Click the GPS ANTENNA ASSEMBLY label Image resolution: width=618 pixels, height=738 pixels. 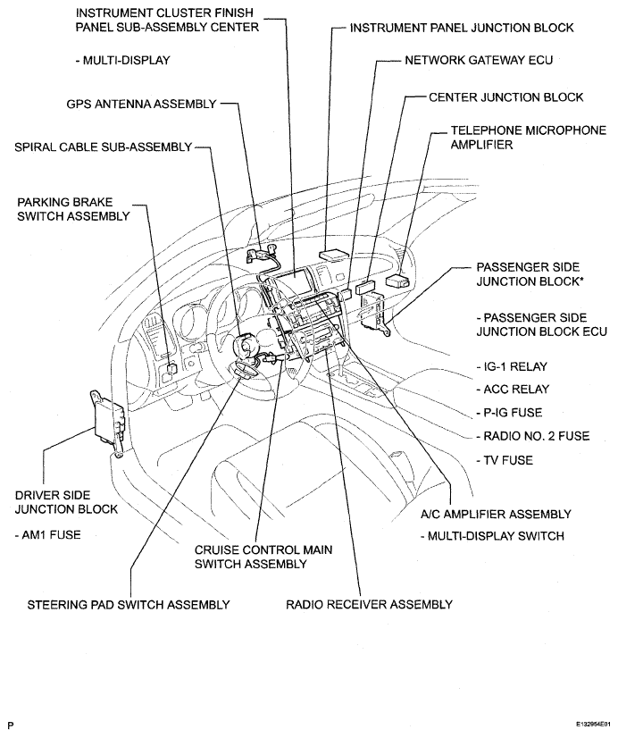tap(140, 104)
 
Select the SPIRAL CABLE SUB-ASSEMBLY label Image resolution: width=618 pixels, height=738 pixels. tap(102, 147)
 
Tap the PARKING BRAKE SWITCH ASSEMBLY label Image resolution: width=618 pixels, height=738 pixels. tap(71, 207)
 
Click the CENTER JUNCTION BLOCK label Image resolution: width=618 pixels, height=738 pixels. tap(505, 96)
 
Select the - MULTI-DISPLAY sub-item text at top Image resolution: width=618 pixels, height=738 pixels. tap(122, 61)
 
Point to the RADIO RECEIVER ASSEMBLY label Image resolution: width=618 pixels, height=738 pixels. tap(369, 605)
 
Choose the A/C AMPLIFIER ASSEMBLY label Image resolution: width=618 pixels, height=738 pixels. tap(495, 514)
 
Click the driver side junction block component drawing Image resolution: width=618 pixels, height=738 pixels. tap(108, 420)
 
